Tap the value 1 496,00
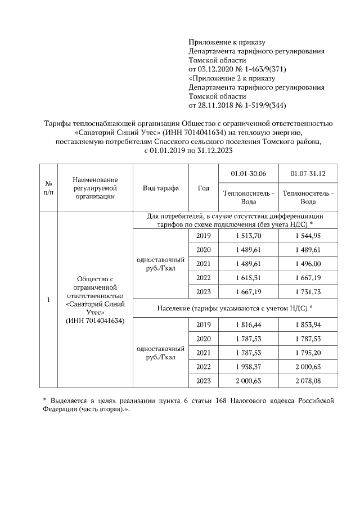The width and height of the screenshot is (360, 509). pyautogui.click(x=308, y=263)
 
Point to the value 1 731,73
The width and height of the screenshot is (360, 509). pyautogui.click(x=308, y=291)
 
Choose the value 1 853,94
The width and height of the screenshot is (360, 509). pyautogui.click(x=308, y=326)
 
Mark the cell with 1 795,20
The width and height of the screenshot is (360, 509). pyautogui.click(x=308, y=353)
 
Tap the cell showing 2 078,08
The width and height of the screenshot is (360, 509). pyautogui.click(x=308, y=381)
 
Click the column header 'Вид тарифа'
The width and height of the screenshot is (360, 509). pyautogui.click(x=161, y=188)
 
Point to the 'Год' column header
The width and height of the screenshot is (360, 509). pyautogui.click(x=204, y=188)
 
